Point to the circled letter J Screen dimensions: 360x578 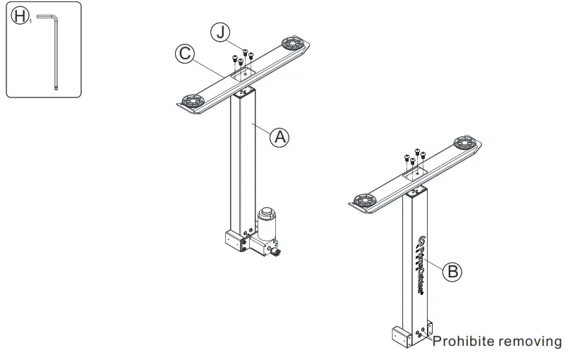[220, 32]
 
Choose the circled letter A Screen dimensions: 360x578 [280, 137]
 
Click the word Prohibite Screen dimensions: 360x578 [462, 342]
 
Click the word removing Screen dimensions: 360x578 [530, 342]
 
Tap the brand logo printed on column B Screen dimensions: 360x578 [415, 265]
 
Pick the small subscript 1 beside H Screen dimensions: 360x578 [30, 22]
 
